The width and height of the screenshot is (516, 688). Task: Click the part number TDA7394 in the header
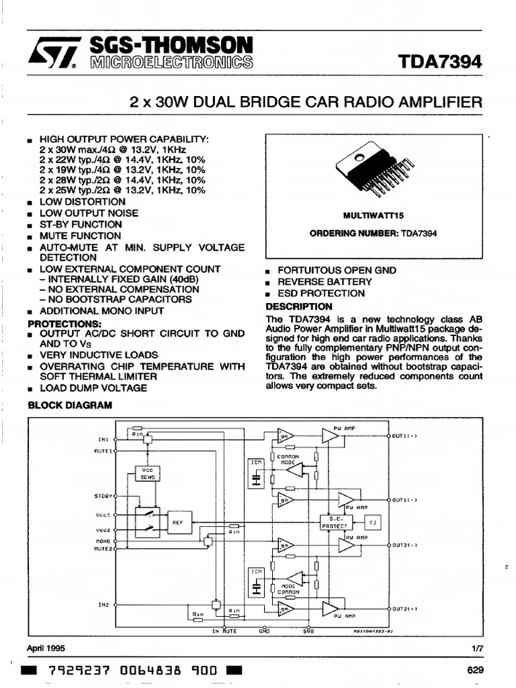pos(440,62)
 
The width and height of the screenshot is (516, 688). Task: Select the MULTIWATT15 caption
pos(373,217)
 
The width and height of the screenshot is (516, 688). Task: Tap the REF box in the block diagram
pos(178,521)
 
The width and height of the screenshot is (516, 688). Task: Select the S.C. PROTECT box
pos(337,521)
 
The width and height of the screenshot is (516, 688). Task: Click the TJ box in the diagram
pos(373,521)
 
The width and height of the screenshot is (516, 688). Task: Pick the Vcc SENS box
pos(148,472)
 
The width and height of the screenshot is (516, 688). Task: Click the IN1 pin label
pos(103,439)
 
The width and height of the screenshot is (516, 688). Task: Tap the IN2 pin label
pos(103,604)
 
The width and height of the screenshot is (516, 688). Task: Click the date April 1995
pos(46,648)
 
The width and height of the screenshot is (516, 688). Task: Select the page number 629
pos(474,670)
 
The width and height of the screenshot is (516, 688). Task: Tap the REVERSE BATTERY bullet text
pos(325,282)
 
